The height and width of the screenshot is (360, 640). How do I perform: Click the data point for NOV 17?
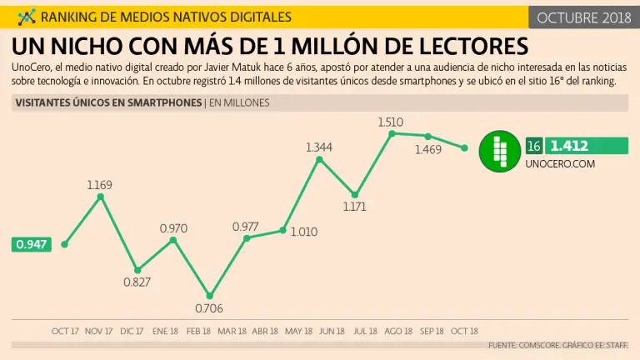(x=101, y=197)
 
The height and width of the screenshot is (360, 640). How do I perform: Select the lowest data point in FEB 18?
(x=210, y=295)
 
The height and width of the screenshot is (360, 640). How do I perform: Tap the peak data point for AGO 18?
(x=391, y=133)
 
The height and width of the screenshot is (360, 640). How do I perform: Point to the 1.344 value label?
(x=318, y=147)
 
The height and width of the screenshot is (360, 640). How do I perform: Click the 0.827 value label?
(x=137, y=282)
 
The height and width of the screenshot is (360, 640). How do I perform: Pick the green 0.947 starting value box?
(x=31, y=244)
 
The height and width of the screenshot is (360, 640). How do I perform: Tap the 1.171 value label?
(x=354, y=207)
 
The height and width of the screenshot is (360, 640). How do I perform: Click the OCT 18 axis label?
(x=464, y=331)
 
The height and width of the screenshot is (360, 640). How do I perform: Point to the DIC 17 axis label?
(x=132, y=331)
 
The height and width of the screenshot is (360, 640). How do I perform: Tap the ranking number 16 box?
(x=534, y=147)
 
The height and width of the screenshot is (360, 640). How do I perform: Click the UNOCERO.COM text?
(x=560, y=164)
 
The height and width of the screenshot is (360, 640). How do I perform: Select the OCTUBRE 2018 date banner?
(x=582, y=17)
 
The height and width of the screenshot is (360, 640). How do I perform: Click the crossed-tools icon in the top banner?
(x=26, y=17)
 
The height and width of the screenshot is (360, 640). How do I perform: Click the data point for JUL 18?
(x=355, y=194)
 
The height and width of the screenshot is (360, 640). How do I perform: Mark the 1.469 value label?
(x=427, y=150)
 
